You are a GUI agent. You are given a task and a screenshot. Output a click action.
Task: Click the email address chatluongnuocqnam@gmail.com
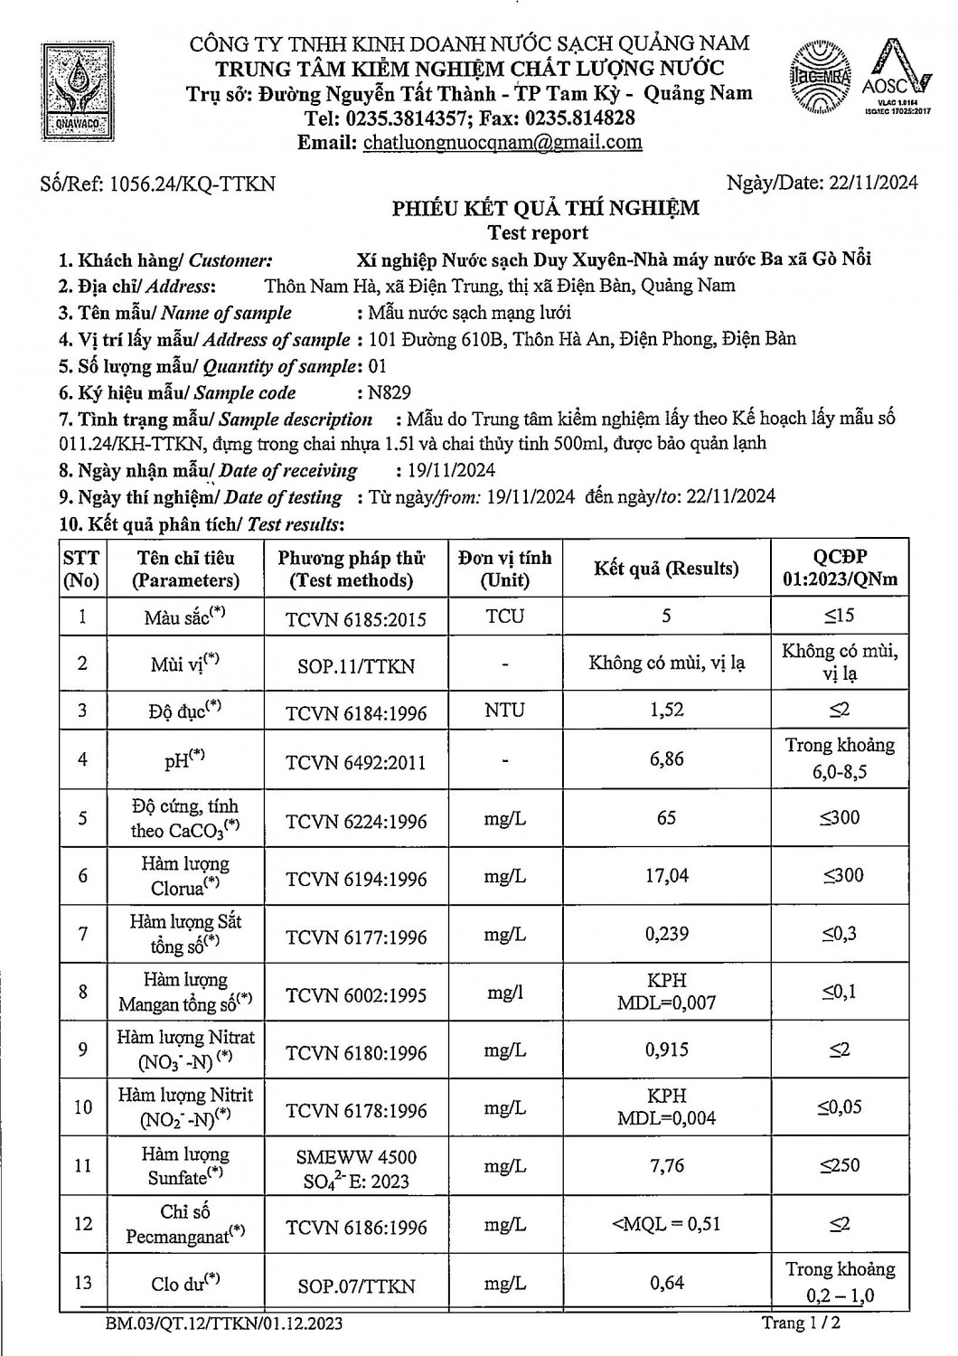coord(502,142)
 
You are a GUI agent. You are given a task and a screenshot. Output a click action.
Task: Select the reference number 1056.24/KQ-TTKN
coord(192,184)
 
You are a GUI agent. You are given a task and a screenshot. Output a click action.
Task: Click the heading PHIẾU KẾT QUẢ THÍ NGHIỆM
coord(545,208)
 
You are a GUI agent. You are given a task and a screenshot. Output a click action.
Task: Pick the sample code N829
coord(390,393)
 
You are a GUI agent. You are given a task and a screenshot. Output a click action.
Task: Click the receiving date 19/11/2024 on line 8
coord(445,470)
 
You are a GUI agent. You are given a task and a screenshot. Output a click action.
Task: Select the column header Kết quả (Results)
coord(666,569)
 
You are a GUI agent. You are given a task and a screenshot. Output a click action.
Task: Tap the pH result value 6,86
coord(666,759)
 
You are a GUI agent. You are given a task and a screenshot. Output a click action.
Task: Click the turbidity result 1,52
coord(666,710)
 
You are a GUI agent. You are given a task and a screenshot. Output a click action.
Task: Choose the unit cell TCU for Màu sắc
coord(504,617)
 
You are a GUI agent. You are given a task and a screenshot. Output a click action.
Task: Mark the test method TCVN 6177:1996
coord(356,937)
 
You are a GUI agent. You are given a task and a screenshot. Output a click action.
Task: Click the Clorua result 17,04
coord(667,875)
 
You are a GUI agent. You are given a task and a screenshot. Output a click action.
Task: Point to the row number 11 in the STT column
coord(82,1165)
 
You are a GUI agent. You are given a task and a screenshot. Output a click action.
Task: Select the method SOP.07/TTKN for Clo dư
coord(356,1285)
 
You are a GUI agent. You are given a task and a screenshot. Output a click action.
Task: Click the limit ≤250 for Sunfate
coord(840,1165)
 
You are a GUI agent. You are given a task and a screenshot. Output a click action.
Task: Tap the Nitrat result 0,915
coord(667,1050)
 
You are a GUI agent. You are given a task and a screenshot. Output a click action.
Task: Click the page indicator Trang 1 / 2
coord(803,1323)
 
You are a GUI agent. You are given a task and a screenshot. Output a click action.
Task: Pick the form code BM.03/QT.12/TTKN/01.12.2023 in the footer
coord(223,1324)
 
